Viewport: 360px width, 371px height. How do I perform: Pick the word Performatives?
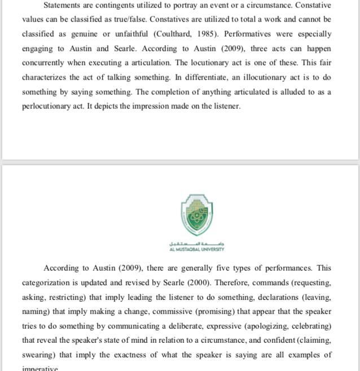click(x=251, y=34)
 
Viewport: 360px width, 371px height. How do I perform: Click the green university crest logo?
click(x=196, y=215)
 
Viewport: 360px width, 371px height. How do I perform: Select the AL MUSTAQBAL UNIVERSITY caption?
click(x=196, y=249)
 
